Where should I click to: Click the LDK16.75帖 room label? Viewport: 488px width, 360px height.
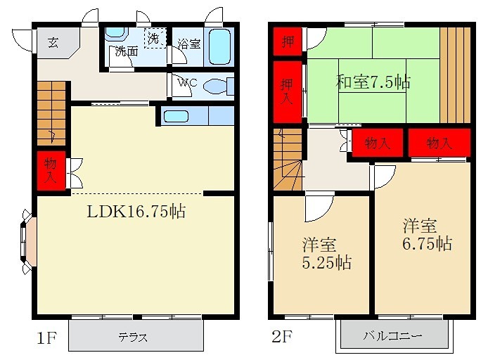[x=136, y=210]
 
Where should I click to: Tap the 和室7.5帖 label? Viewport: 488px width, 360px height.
[x=372, y=82]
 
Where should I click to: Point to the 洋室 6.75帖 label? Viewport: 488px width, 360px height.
[x=426, y=235]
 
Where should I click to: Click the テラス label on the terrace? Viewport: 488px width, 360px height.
[x=133, y=337]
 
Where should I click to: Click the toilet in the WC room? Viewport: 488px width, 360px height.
[x=213, y=86]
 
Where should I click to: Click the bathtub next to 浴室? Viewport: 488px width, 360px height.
[x=219, y=46]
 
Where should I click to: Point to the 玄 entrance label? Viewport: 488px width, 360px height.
[x=53, y=41]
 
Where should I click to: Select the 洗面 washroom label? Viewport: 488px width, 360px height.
[x=127, y=51]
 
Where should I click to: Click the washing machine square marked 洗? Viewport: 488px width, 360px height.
[x=153, y=38]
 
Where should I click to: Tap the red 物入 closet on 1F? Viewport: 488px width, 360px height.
[x=50, y=171]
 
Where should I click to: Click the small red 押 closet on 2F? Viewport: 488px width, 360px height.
[x=288, y=41]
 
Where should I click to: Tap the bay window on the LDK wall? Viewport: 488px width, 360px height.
[x=28, y=240]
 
